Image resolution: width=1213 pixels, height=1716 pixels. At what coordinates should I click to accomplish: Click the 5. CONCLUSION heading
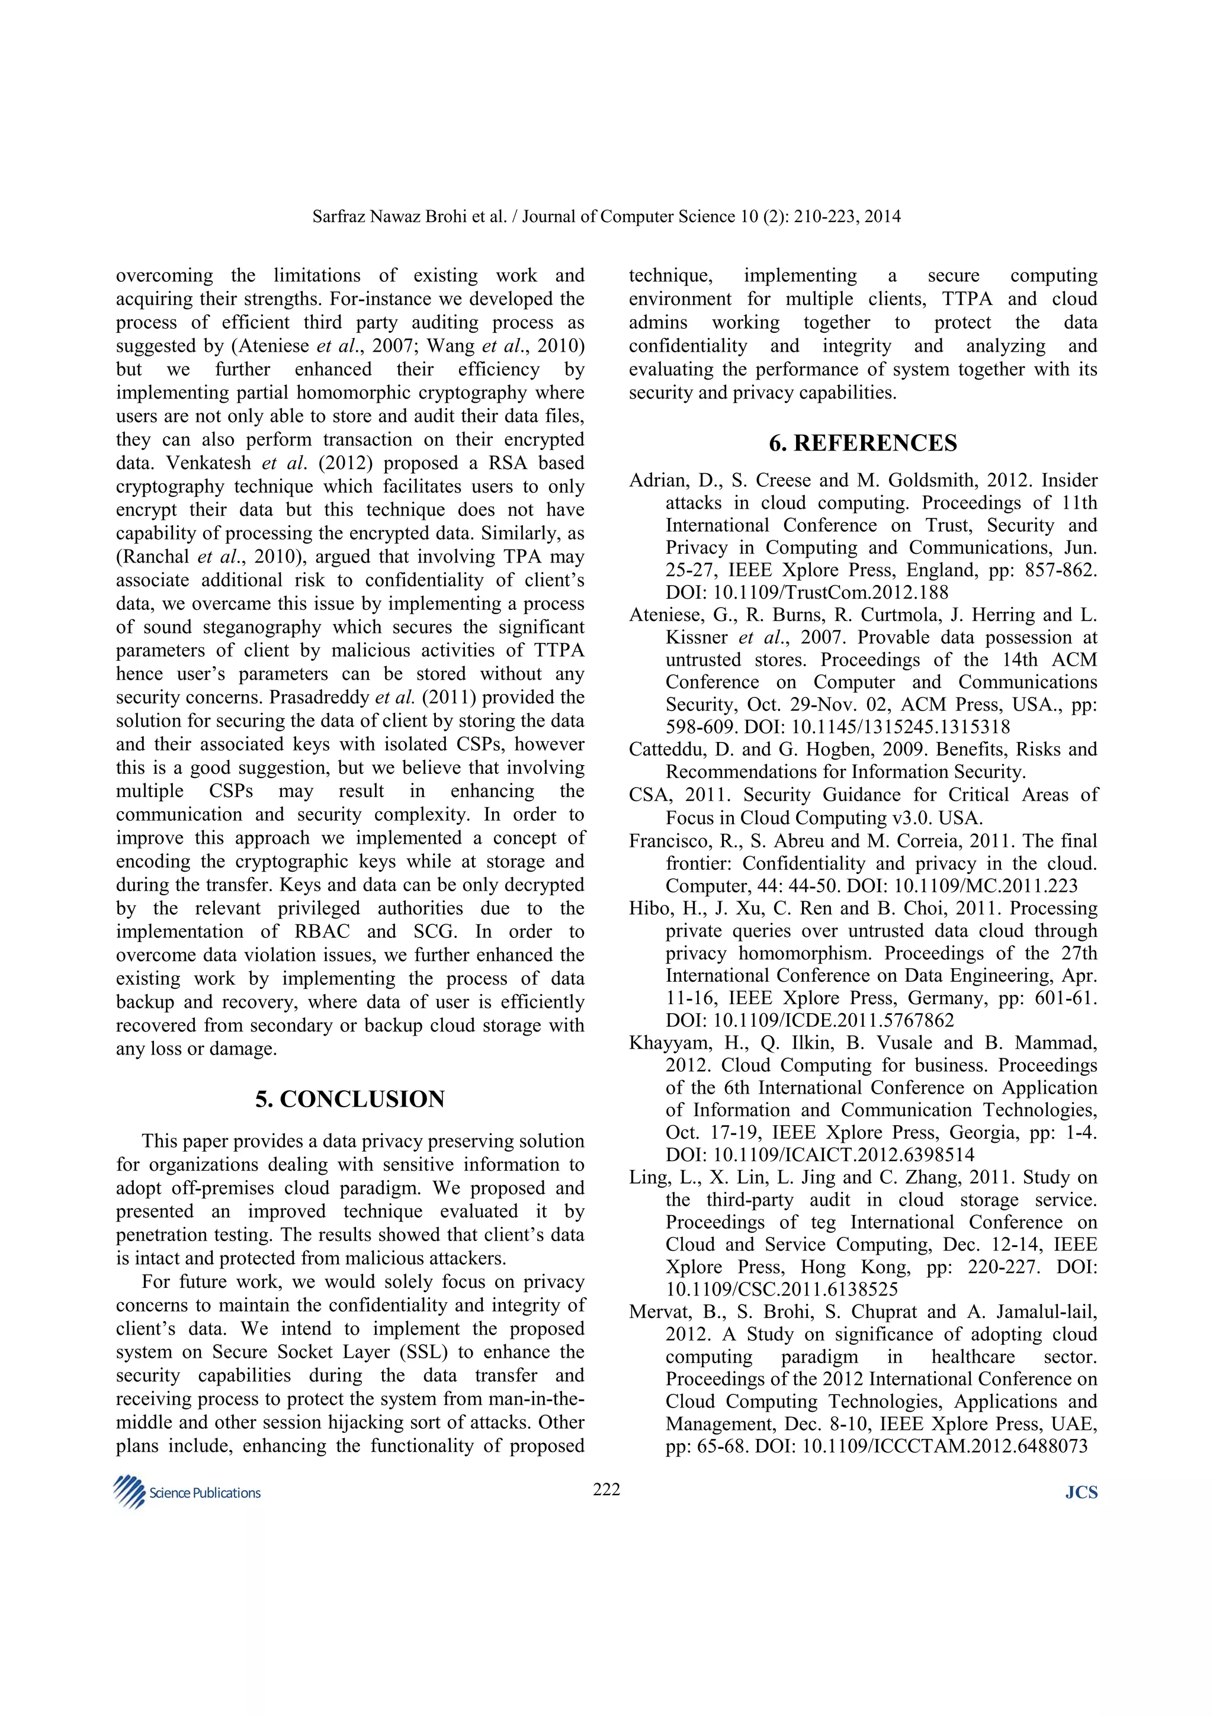coord(350,1098)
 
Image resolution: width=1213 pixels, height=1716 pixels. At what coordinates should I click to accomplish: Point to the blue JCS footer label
coord(1081,1493)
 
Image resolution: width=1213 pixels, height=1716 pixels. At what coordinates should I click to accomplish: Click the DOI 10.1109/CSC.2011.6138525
coord(782,1289)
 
